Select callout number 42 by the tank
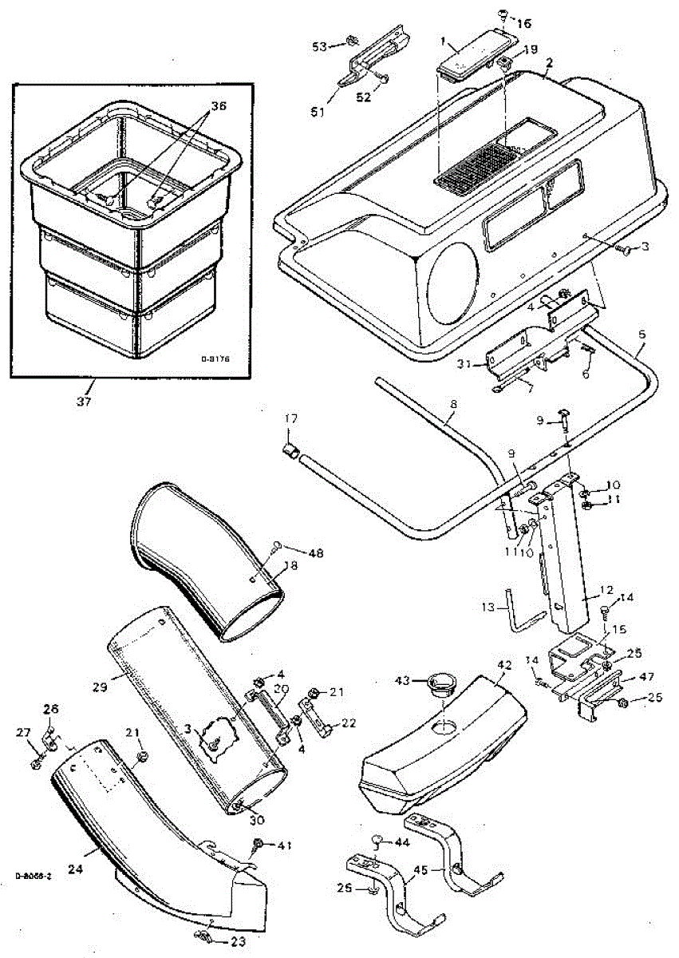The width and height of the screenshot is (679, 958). [503, 664]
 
